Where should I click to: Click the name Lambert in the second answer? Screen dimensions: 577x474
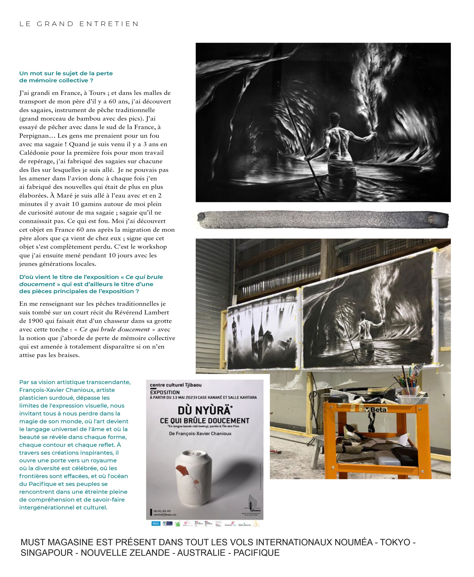[x=159, y=312]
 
